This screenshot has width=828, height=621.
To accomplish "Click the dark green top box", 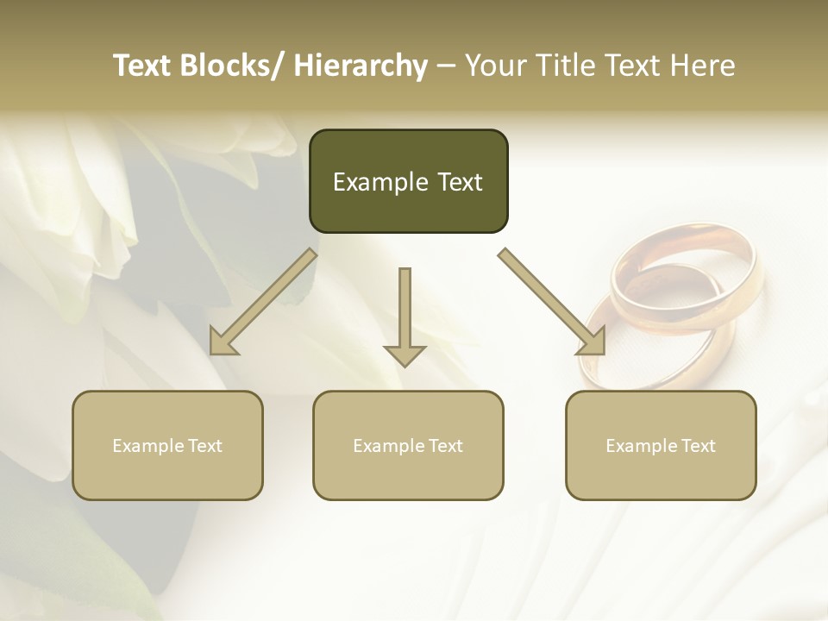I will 408,181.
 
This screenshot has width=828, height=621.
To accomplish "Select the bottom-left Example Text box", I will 167,445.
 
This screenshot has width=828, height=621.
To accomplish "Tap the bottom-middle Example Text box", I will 408,445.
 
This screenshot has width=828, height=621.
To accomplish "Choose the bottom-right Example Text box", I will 661,445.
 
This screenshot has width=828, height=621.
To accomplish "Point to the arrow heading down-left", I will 263,302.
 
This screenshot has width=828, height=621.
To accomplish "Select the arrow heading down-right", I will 552,302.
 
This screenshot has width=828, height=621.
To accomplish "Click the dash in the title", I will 446,66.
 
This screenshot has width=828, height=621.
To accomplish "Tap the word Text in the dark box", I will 459,182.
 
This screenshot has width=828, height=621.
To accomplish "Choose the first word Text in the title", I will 141,66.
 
